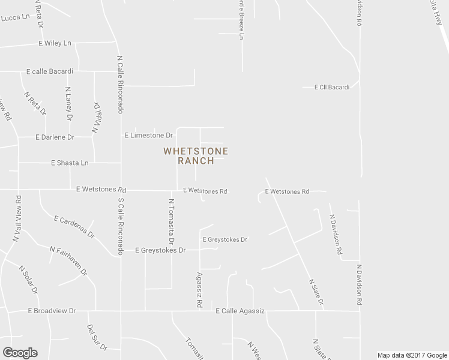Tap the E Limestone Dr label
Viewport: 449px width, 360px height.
click(x=148, y=135)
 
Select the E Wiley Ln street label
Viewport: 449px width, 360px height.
click(x=55, y=44)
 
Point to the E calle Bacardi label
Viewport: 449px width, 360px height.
click(x=49, y=71)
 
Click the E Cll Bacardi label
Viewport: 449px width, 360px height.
click(x=331, y=87)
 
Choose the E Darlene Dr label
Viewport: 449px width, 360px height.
click(x=54, y=137)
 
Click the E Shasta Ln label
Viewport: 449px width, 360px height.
click(x=70, y=163)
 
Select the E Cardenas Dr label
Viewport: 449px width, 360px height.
click(x=74, y=226)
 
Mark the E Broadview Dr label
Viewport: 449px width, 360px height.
click(x=52, y=311)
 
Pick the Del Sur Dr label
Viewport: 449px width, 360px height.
click(x=96, y=337)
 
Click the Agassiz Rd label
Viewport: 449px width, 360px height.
click(x=198, y=290)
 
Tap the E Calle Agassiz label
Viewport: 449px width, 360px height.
click(x=240, y=311)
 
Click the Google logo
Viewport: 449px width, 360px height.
click(x=19, y=353)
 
